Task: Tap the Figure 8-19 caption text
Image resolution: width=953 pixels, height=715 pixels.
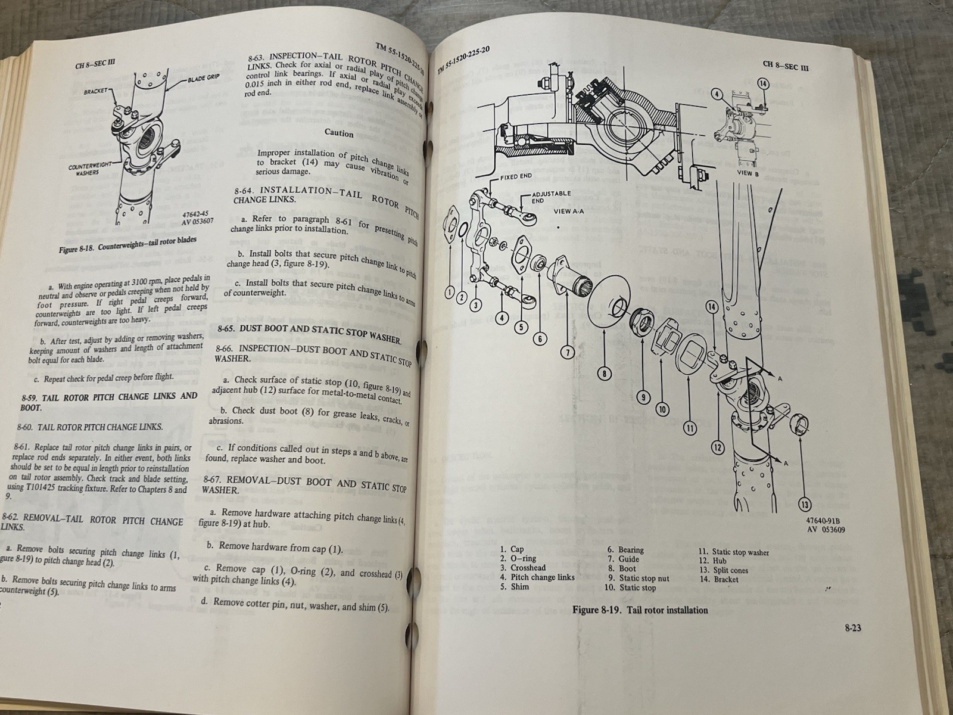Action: pos(640,610)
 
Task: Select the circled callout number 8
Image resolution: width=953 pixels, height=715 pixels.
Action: pos(604,374)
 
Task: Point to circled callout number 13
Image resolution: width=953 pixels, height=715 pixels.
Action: pos(805,505)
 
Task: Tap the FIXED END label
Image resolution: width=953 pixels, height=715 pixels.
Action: pos(517,177)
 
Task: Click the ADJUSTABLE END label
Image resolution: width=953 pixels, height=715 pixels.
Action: pos(551,197)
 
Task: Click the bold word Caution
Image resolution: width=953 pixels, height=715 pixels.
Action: pos(339,133)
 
